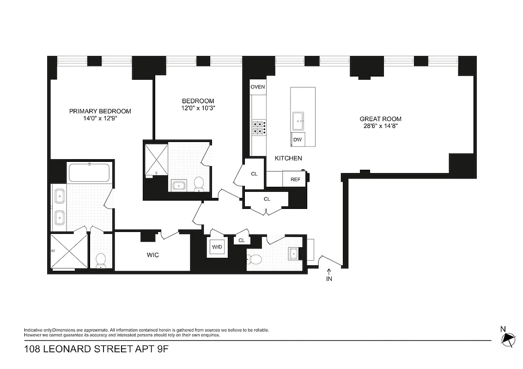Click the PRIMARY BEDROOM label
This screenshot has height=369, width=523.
100,111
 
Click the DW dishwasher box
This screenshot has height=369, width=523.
298,139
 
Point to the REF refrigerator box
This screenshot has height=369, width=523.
295,179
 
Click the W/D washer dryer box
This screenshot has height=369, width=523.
217,247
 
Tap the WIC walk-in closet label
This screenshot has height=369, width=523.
152,255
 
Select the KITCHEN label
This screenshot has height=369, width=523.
288,158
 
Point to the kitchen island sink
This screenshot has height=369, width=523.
298,121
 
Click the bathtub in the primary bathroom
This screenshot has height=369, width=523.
90,173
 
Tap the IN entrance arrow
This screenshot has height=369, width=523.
329,275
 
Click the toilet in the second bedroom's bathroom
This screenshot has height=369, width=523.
199,184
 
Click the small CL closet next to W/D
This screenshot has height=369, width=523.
241,240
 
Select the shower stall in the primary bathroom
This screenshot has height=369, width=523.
68,252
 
